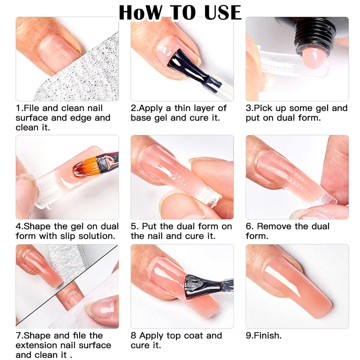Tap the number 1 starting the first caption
pos(18,108)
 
